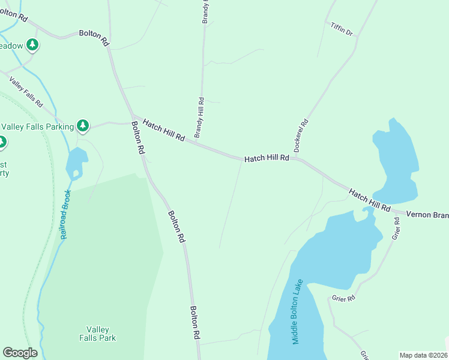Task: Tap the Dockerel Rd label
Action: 304,130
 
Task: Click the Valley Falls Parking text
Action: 37,126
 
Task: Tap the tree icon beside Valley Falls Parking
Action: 83,126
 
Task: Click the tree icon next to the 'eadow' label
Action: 32,45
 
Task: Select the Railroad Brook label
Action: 67,214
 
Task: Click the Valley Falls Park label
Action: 97,334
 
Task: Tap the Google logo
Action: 20,353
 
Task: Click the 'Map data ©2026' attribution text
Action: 423,355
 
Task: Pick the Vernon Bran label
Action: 427,214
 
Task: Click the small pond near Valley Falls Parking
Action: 77,161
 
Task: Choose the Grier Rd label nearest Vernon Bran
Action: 396,229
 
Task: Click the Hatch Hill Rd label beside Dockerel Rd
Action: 267,158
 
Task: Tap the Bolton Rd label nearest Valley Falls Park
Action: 195,323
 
